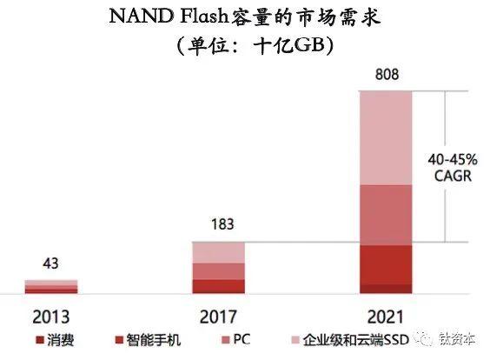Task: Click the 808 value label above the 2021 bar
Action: point(387,75)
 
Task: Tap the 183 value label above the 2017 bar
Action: point(222,224)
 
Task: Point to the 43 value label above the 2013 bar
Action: point(50,263)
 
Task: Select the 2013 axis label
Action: point(50,317)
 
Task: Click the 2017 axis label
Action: point(218,317)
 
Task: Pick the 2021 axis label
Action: point(386,317)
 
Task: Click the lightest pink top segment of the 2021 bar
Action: point(386,138)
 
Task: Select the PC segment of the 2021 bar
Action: point(386,215)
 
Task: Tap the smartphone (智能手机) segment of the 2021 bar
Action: point(386,265)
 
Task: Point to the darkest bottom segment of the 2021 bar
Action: point(386,289)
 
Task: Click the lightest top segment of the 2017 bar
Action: point(218,253)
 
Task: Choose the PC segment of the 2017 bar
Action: point(218,271)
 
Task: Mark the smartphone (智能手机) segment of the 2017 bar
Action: point(218,285)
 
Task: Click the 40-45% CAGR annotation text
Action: point(453,168)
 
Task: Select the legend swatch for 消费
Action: point(40,340)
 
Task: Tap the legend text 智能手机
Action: point(154,340)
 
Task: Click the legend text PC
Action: point(242,339)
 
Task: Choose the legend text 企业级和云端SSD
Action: point(356,340)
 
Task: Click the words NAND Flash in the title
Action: point(169,16)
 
